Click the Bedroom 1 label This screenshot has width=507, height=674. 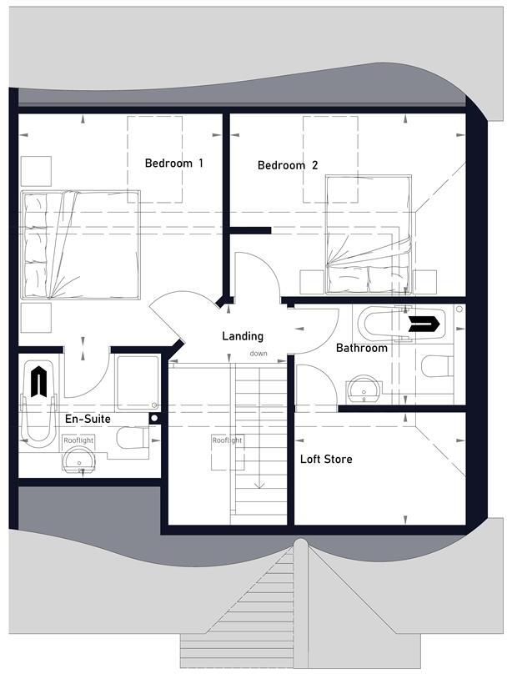[173, 163]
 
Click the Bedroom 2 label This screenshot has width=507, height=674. [287, 165]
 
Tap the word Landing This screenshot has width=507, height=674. [243, 336]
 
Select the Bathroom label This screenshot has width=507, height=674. [361, 348]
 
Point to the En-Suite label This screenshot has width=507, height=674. [88, 420]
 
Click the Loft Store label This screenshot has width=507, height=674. [326, 459]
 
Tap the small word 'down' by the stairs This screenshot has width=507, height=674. [258, 354]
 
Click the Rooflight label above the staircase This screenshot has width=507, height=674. [226, 440]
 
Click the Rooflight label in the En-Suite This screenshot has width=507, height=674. [78, 440]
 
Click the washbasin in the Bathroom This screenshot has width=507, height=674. [363, 388]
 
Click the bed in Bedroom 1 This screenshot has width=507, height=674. [80, 244]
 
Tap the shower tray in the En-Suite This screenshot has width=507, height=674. [138, 383]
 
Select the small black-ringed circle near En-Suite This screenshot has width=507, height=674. [154, 417]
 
